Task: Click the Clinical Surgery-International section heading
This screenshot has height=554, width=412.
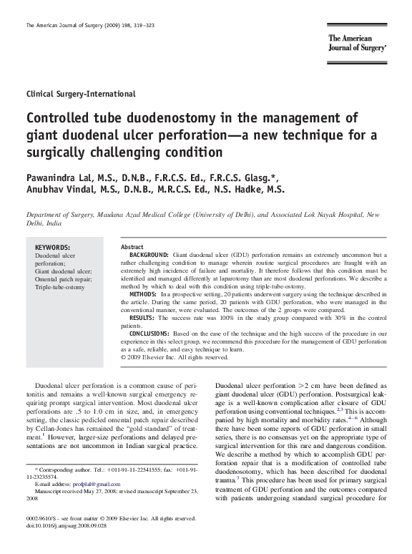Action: point(81,94)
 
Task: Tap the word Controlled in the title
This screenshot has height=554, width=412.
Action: point(62,118)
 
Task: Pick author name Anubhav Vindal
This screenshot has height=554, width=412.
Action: point(59,190)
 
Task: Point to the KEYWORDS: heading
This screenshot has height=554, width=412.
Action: point(53,247)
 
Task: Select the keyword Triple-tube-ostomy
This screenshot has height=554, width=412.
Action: point(59,287)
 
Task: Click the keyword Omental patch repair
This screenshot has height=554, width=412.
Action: point(62,279)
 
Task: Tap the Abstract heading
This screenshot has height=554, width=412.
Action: point(132,247)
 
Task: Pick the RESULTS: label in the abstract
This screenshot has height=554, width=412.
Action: point(142,317)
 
